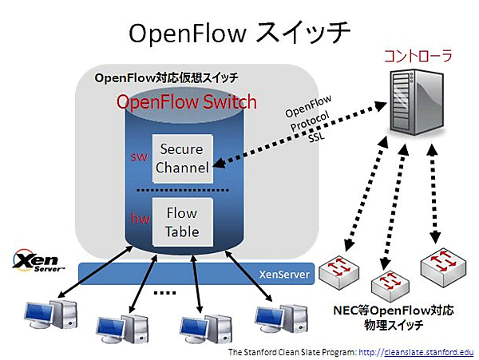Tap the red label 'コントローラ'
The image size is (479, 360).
click(x=418, y=57)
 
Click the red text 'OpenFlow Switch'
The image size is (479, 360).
click(x=187, y=102)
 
